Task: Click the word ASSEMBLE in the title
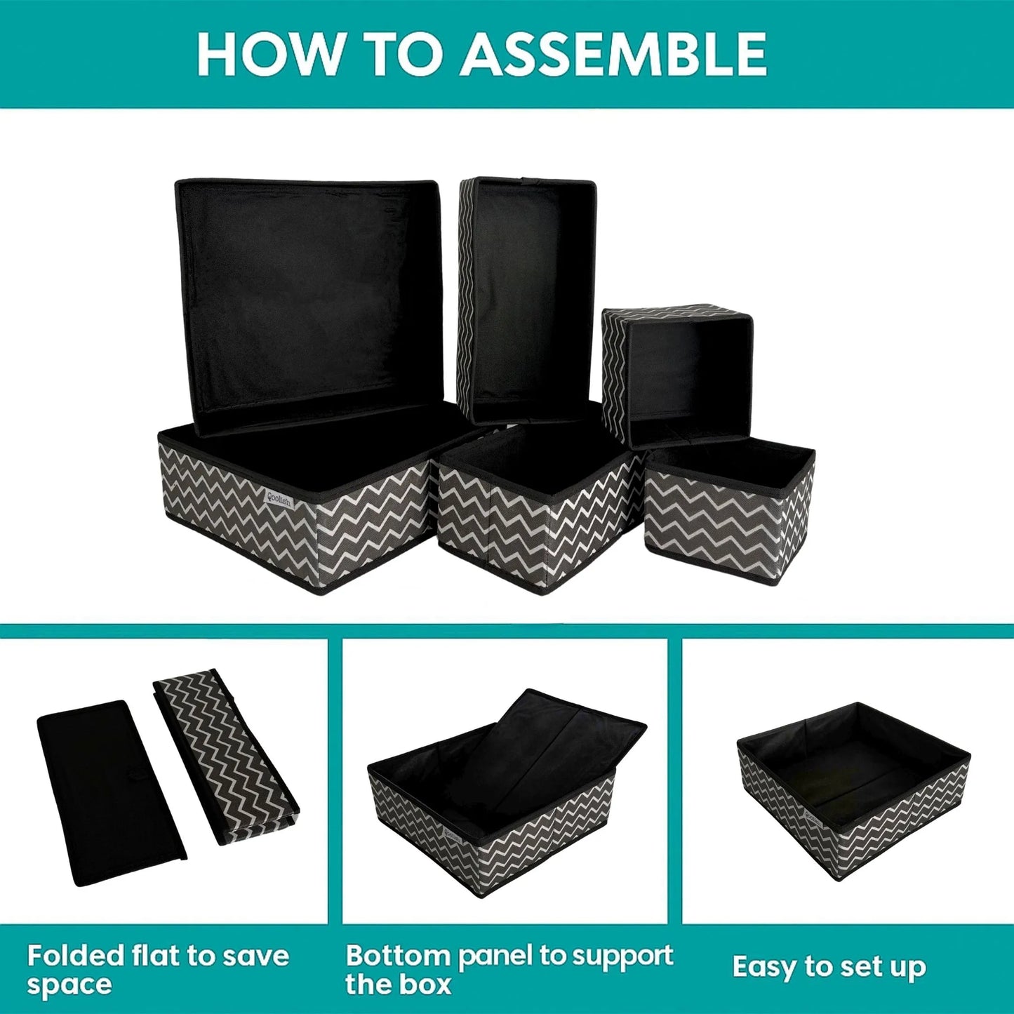coord(613,54)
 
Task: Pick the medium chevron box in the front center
coord(537,519)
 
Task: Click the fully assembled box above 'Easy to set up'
coord(853,789)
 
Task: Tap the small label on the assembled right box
coord(814,819)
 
